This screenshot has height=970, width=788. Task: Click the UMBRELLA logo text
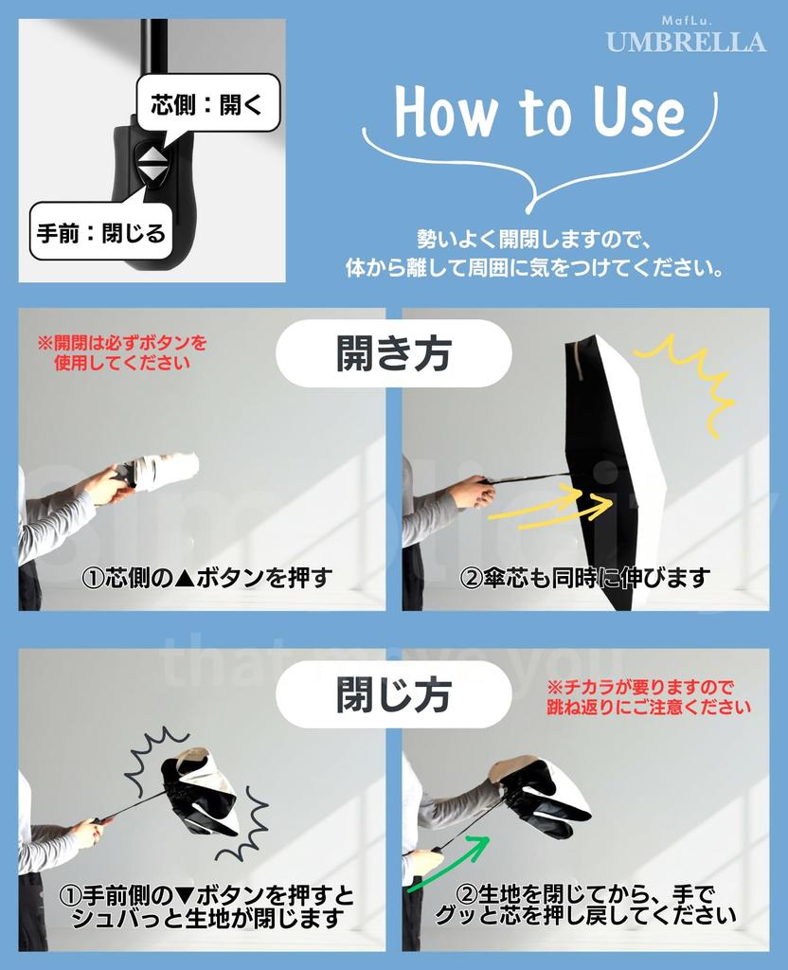pos(686,42)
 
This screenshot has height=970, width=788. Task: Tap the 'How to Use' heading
pos(540,112)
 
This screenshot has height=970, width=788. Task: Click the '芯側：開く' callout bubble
pos(207,102)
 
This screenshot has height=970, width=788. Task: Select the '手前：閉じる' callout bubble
pos(101,233)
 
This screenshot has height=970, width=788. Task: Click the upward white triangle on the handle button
pos(152,153)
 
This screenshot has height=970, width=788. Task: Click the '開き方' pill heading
pos(393,354)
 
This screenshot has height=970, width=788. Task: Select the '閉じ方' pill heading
pos(393,694)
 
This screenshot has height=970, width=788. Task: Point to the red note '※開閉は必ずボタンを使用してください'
pos(122,352)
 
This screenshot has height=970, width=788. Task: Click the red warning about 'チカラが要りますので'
pos(649,696)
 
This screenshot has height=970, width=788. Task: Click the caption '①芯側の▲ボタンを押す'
pos(207,577)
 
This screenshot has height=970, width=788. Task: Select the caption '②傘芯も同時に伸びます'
pos(584,578)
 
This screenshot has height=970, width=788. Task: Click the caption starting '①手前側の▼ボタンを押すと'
pos(207,907)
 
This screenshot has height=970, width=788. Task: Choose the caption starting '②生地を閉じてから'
pos(585,905)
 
